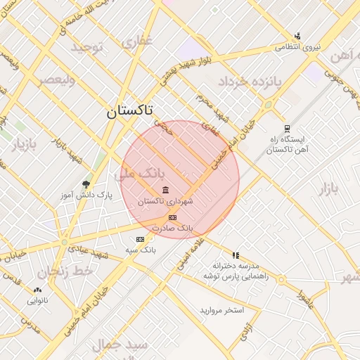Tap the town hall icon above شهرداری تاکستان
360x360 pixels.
(x=165, y=190)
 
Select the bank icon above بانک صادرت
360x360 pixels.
(x=172, y=217)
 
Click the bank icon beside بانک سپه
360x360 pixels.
(x=139, y=239)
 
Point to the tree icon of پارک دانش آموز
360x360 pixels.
(x=86, y=184)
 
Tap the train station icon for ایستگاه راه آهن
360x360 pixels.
(x=287, y=129)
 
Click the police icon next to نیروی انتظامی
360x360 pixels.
(x=298, y=36)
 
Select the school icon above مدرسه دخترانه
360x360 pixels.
(x=236, y=255)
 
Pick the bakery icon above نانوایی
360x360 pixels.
(x=37, y=289)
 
